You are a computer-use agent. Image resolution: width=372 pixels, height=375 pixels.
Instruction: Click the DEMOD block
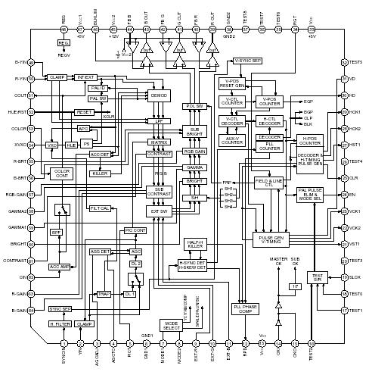tap(160, 97)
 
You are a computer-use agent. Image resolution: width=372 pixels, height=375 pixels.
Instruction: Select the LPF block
tap(160, 120)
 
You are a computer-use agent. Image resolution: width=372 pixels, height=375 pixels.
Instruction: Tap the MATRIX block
tap(160, 142)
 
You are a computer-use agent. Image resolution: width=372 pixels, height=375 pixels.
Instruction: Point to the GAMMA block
tap(195, 167)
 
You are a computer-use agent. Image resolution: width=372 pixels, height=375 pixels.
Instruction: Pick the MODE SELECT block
tap(171, 325)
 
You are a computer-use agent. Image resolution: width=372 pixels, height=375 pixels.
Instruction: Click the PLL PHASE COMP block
tap(246, 308)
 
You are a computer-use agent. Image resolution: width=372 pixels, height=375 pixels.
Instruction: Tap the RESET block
tap(84, 111)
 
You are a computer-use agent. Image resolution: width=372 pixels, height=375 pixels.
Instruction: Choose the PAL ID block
tap(98, 88)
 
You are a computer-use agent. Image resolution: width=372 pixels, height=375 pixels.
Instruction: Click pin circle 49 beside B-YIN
tap(31, 63)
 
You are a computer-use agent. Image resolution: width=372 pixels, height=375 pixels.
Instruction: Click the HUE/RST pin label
tap(15, 111)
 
